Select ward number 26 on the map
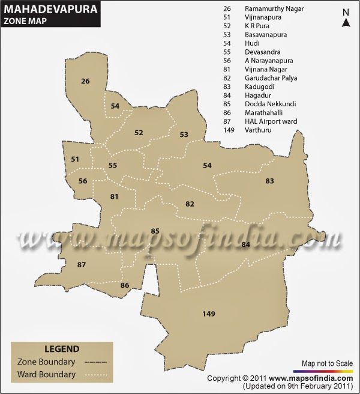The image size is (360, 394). pyautogui.click(x=85, y=81)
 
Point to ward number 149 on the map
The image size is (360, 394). pyautogui.click(x=209, y=314)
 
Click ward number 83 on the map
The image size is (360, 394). pyautogui.click(x=270, y=181)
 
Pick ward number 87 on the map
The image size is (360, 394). pyautogui.click(x=82, y=265)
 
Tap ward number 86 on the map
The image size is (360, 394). pyautogui.click(x=125, y=285)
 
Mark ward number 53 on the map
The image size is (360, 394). pyautogui.click(x=184, y=135)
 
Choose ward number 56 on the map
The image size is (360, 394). pyautogui.click(x=83, y=181)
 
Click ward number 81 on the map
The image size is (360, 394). pyautogui.click(x=115, y=196)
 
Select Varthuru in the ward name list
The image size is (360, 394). pyautogui.click(x=258, y=130)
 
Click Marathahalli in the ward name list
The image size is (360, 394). pyautogui.click(x=264, y=112)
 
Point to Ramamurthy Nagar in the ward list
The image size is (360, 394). pyautogui.click(x=274, y=9)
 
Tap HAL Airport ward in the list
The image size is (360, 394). pyautogui.click(x=271, y=121)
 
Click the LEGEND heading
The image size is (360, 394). pyautogui.click(x=62, y=348)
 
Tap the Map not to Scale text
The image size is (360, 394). pyautogui.click(x=327, y=364)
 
